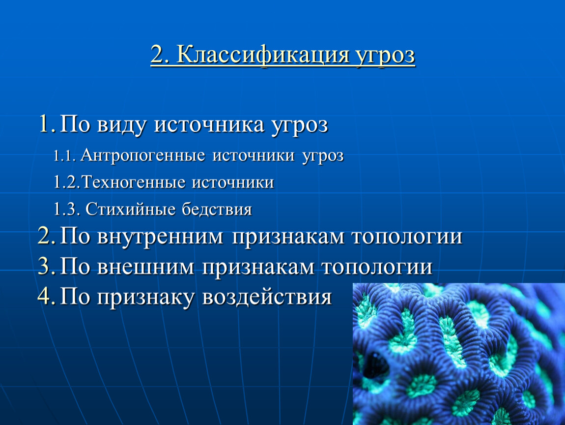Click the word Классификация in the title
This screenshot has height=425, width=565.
pyautogui.click(x=263, y=56)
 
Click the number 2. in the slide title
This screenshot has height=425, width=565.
pyautogui.click(x=160, y=55)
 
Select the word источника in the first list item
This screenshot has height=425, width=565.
pyautogui.click(x=209, y=125)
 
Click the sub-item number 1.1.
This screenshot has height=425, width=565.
pyautogui.click(x=64, y=155)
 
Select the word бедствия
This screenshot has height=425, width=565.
pyautogui.click(x=217, y=209)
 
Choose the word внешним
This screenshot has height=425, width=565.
pyautogui.click(x=145, y=267)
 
